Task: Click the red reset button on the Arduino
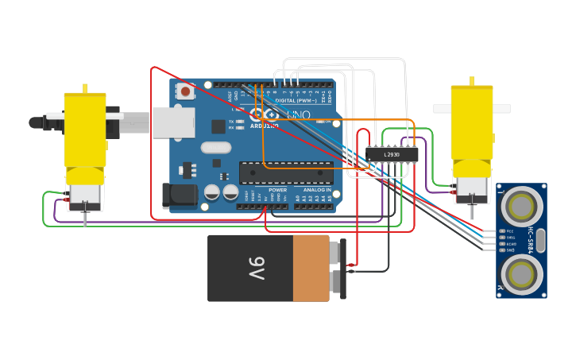click(185, 91)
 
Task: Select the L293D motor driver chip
click(392, 154)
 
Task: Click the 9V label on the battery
click(256, 268)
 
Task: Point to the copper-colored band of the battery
click(311, 268)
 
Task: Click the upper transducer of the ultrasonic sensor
click(521, 206)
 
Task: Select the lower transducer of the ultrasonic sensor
click(521, 274)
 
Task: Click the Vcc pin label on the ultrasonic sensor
click(510, 231)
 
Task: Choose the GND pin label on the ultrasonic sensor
click(510, 250)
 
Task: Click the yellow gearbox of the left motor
click(85, 127)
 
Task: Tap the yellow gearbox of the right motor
click(472, 123)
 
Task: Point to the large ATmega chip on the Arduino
click(286, 172)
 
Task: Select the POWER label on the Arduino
click(277, 190)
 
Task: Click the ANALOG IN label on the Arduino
click(316, 190)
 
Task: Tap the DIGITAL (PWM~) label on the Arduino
click(296, 101)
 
